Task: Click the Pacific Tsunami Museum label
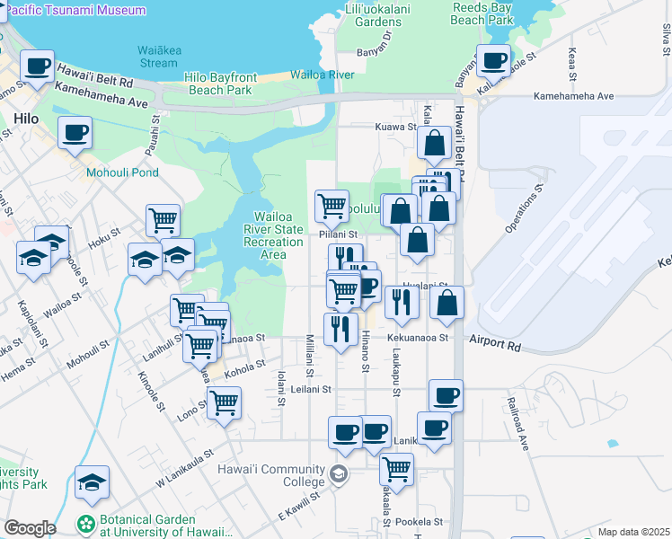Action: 76,10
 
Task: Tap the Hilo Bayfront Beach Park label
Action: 220,84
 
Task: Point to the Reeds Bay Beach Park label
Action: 482,13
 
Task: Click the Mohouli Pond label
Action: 122,172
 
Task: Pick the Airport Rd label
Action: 493,344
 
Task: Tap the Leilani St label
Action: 313,390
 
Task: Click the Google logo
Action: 30,528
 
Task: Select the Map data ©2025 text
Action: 633,532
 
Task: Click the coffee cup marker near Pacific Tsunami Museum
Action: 38,66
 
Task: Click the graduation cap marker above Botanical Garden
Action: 92,482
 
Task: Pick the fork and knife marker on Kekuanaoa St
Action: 340,329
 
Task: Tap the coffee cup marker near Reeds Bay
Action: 493,61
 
